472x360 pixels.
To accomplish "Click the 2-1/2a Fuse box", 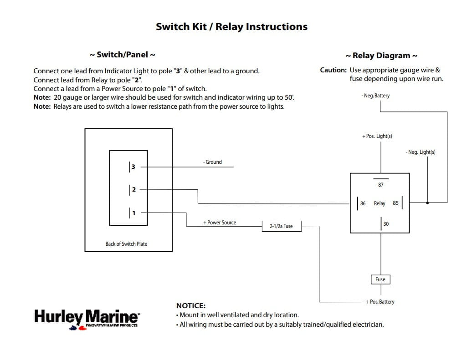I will tap(282, 226).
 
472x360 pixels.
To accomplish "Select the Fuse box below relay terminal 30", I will tap(380, 279).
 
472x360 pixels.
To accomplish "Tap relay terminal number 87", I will tap(381, 185).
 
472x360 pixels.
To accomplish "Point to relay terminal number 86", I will tap(363, 203).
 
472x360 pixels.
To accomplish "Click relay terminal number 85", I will tap(395, 203).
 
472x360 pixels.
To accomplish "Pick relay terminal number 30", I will tap(386, 224).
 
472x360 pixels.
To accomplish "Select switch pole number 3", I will tap(133, 167).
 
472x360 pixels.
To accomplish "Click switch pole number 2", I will tap(133, 189).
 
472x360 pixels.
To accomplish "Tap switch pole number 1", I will tap(133, 213).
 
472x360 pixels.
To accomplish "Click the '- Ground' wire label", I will tap(212, 162).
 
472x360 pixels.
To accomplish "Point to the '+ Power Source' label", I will tap(220, 223).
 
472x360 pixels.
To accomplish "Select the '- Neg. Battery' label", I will tap(375, 96).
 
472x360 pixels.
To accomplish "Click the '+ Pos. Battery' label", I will tap(380, 302).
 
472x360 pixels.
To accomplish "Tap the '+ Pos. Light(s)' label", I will tap(377, 136).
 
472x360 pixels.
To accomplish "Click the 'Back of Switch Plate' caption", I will tap(126, 244).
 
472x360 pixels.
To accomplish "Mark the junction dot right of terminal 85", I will tap(427, 203).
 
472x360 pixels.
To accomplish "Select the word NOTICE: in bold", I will tap(190, 306).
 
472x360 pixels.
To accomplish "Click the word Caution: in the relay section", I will tap(333, 70).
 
